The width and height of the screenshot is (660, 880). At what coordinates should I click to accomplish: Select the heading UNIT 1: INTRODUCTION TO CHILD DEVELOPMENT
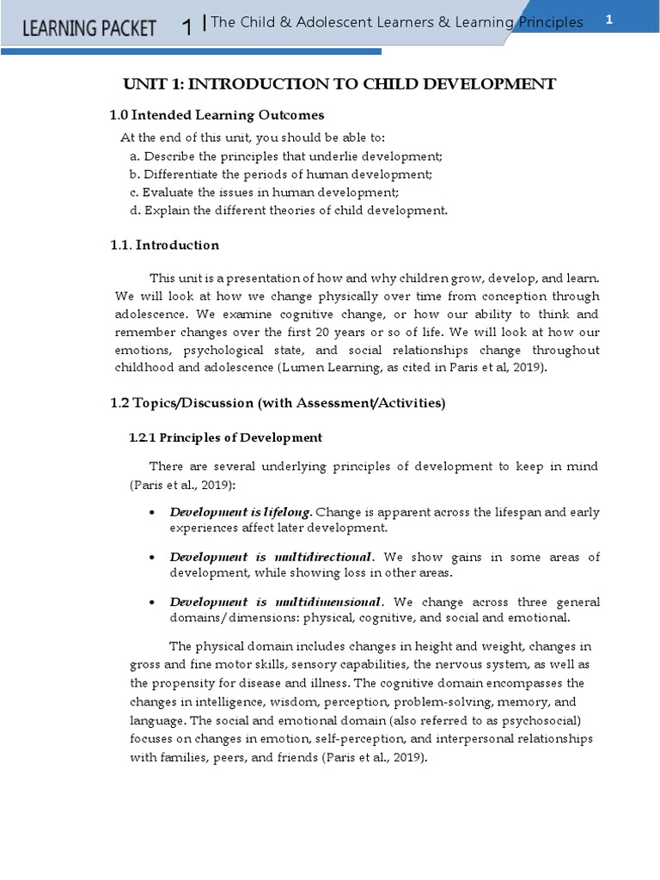click(x=339, y=83)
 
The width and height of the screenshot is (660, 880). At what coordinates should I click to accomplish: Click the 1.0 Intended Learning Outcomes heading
click(x=217, y=115)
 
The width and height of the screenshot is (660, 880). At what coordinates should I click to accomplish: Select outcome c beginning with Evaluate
click(x=264, y=192)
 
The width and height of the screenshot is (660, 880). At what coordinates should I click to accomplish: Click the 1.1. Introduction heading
click(x=164, y=245)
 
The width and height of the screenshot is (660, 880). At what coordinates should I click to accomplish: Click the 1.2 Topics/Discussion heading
click(x=278, y=403)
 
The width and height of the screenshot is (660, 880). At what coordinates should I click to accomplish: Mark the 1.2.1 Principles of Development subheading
click(x=225, y=437)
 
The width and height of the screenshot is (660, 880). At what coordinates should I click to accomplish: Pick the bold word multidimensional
click(x=329, y=602)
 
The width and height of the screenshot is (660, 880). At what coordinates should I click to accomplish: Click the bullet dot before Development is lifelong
click(x=152, y=513)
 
